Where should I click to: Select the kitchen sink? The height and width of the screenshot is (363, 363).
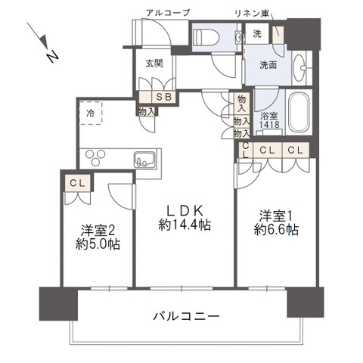(x=144, y=159)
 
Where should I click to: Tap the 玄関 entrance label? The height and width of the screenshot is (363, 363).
(x=154, y=64)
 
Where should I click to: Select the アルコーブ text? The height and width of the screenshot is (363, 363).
(x=167, y=13)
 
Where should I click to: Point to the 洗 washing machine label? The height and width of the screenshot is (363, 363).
(x=257, y=34)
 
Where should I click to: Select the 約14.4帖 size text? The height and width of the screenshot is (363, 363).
(x=185, y=225)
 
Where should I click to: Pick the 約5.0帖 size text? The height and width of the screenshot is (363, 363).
(x=99, y=245)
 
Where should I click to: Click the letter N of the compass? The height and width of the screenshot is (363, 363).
(x=52, y=56)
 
